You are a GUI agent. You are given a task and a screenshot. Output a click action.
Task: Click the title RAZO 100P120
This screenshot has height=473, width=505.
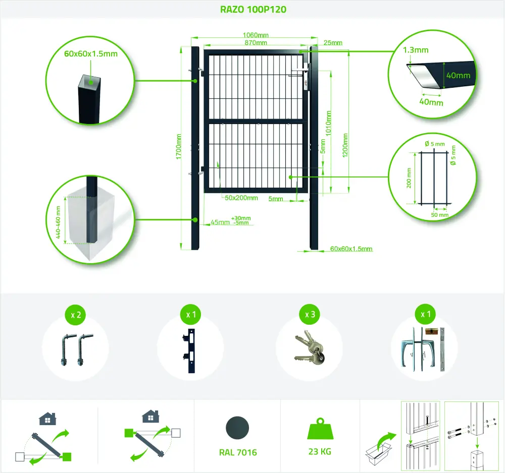tap(253, 9)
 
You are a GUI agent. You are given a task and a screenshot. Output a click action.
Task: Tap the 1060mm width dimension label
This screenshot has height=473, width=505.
tap(256, 35)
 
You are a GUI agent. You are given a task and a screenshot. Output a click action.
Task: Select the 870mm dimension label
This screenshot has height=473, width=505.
tap(256, 43)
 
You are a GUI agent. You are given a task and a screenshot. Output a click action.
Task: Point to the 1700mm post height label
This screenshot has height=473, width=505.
tap(179, 146)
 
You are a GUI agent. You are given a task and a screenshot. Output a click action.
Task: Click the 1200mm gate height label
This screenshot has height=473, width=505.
tap(345, 145)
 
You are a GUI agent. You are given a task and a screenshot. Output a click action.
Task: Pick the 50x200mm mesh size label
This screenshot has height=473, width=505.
tap(241, 198)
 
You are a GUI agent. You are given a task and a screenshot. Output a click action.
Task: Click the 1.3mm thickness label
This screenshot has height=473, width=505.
tap(416, 50)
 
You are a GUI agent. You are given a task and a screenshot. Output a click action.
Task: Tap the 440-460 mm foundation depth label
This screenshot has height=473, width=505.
tap(58, 222)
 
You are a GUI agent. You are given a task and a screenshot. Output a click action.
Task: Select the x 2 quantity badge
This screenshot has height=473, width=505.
tap(76, 315)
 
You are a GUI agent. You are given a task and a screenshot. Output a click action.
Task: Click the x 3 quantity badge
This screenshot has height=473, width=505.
tap(310, 314)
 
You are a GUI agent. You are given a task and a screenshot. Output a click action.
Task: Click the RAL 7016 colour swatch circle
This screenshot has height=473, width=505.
tap(238, 428)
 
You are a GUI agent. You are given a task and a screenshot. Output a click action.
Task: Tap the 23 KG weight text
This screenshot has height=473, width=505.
tap(320, 452)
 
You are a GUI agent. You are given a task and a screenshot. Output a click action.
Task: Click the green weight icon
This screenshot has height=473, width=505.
tap(320, 429)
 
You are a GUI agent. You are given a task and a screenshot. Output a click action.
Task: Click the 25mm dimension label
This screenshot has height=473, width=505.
tap(333, 43)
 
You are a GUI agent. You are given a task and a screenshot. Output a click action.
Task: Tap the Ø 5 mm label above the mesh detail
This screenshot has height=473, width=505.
tap(434, 144)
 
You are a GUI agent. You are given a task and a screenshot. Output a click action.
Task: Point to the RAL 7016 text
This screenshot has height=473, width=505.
tap(238, 452)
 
